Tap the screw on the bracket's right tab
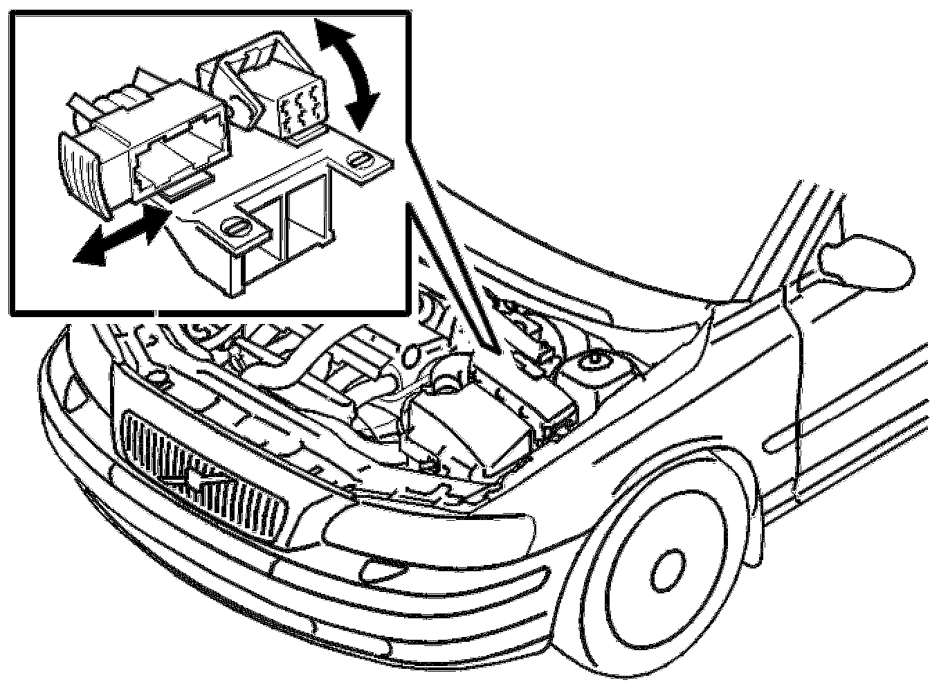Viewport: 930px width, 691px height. tap(358, 159)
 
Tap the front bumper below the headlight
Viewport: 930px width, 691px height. tap(415, 595)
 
